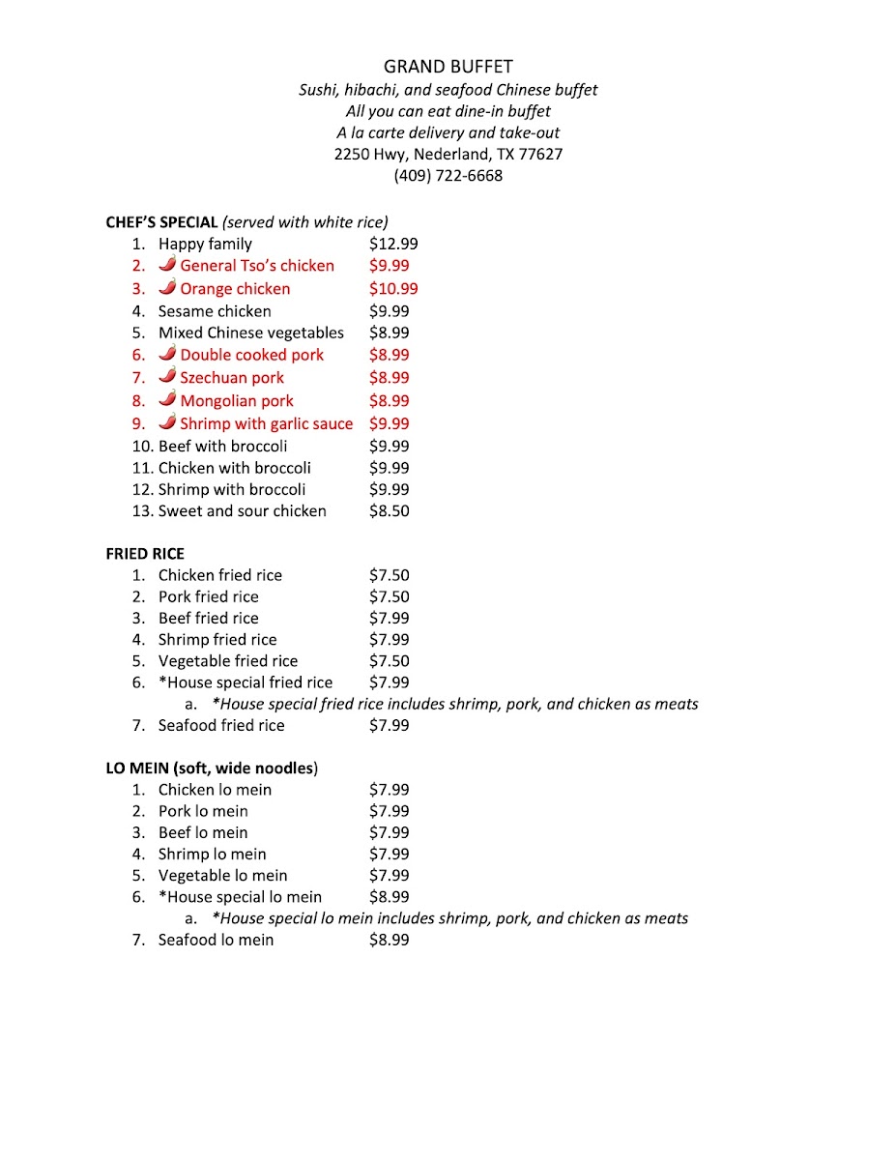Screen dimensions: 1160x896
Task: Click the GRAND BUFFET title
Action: [448, 67]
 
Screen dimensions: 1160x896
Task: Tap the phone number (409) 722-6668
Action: [448, 176]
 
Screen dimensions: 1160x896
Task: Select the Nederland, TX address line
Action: [448, 154]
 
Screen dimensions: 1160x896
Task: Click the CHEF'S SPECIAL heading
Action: [161, 222]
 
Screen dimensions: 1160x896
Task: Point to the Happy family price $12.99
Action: [393, 245]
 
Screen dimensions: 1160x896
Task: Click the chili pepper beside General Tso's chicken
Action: [167, 264]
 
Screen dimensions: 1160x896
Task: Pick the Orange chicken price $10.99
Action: [393, 289]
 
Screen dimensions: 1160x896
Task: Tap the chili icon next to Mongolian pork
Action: [167, 398]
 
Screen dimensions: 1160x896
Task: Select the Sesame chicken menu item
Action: [215, 311]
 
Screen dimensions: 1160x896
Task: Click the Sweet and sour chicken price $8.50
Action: [389, 511]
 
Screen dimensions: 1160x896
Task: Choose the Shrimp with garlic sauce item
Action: [266, 423]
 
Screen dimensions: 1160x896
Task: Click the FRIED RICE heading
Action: [145, 554]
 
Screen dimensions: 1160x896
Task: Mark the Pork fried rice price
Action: [389, 597]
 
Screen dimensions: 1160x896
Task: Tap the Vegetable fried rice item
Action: [228, 661]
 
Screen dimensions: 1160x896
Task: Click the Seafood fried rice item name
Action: [221, 726]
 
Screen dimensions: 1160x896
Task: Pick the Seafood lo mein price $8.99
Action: [389, 941]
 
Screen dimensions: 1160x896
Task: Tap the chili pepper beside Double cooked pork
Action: [167, 354]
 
